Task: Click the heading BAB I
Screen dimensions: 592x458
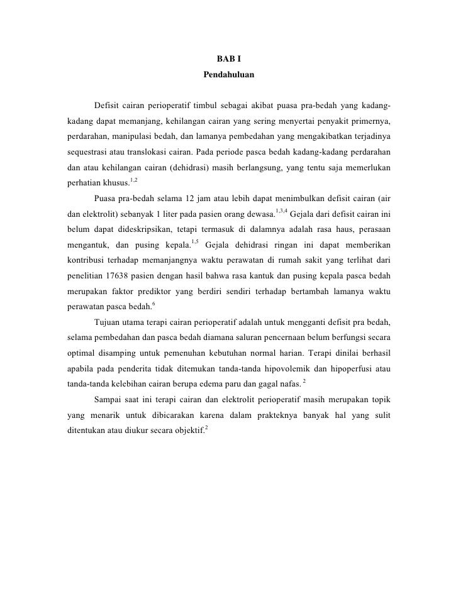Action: tap(228, 59)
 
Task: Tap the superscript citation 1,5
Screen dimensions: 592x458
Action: tap(194, 241)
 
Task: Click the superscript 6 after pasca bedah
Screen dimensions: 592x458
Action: tap(154, 304)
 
